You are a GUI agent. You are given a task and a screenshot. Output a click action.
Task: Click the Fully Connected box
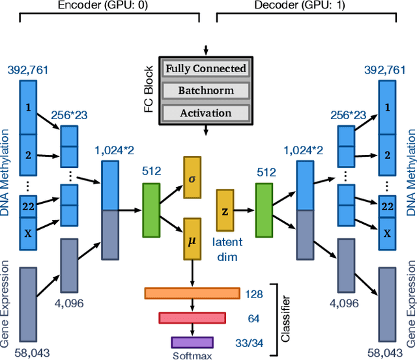coord(206,68)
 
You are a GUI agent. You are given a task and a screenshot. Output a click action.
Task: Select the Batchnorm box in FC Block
coord(206,90)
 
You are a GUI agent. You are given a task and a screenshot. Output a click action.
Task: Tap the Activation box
coord(206,113)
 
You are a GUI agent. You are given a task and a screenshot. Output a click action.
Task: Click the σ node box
coord(192,177)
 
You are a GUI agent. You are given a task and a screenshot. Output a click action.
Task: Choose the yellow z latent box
coord(225,211)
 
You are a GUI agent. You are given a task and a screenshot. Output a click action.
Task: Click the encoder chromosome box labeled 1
coord(27,107)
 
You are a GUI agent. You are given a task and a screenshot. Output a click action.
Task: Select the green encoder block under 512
coord(151,209)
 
